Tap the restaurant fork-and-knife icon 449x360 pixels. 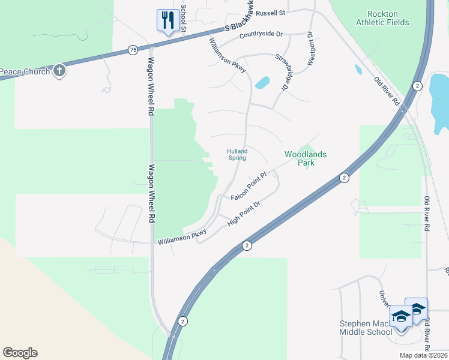(x=166, y=20)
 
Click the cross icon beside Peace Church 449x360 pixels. (x=59, y=71)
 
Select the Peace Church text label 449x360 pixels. (x=25, y=72)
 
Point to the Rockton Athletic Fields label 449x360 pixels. (x=382, y=18)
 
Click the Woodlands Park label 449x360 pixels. (x=306, y=158)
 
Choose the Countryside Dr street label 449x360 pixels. (x=261, y=35)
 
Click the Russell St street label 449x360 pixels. (x=270, y=12)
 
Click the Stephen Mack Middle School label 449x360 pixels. (x=366, y=328)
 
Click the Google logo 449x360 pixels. (x=20, y=353)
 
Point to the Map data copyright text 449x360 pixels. (x=423, y=355)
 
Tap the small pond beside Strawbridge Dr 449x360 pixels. (x=262, y=82)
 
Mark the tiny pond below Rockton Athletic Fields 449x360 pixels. (x=358, y=69)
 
